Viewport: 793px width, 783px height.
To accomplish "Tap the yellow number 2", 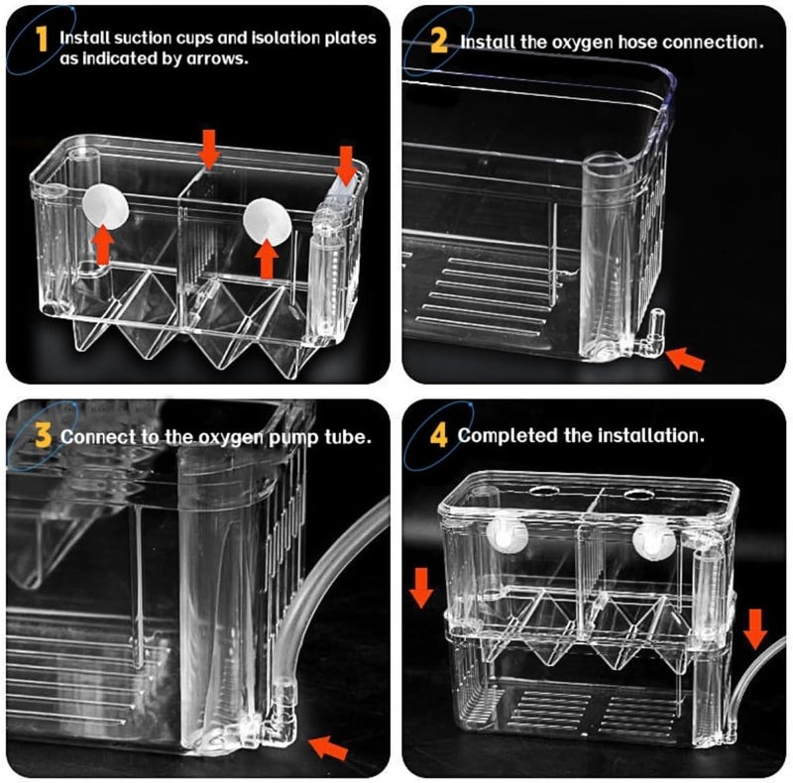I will click(438, 41).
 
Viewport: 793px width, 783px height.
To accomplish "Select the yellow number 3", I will click(43, 435).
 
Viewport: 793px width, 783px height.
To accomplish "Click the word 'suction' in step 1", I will click(138, 39).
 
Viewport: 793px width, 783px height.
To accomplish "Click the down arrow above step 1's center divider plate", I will click(208, 149).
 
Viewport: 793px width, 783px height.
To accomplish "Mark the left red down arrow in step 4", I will click(421, 587).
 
